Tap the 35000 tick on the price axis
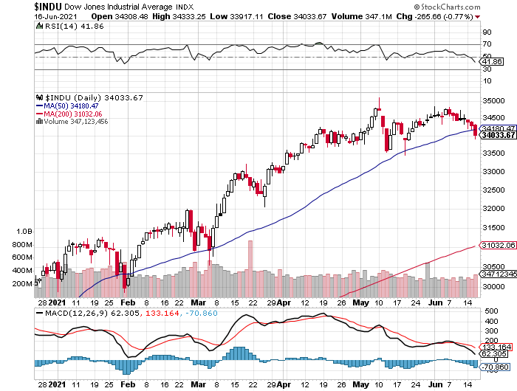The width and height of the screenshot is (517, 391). [x=491, y=100]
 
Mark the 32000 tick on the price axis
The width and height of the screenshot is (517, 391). [x=491, y=208]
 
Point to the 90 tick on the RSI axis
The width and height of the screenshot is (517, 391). [x=487, y=32]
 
